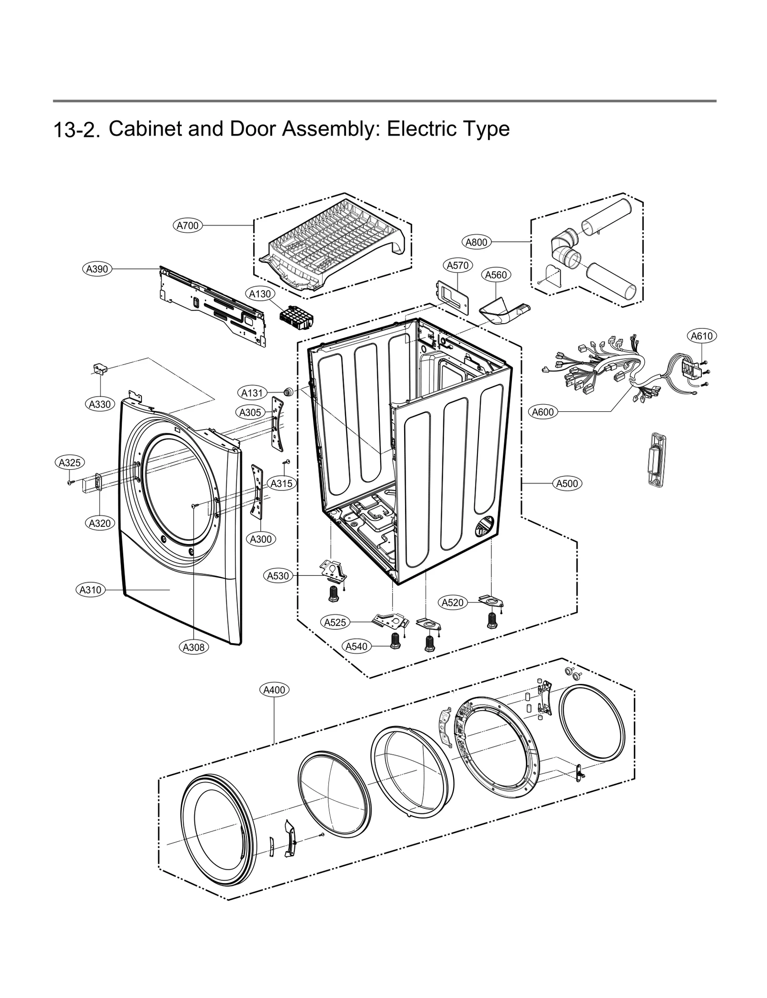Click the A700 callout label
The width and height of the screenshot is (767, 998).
(187, 225)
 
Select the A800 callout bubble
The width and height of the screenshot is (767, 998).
(476, 242)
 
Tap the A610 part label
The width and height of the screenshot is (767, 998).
(701, 336)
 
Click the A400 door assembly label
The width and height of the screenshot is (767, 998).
(275, 690)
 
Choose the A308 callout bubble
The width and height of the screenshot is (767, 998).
(194, 647)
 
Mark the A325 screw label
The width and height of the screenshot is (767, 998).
(70, 463)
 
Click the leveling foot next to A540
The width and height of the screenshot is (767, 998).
(395, 640)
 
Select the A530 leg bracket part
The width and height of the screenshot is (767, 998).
(334, 572)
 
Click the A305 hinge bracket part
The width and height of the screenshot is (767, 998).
(277, 423)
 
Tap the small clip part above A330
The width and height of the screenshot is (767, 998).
(100, 368)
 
